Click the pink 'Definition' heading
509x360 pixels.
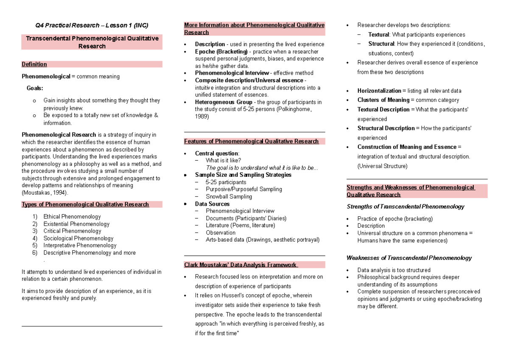pyautogui.click(x=34, y=64)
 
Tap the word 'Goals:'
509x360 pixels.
pyautogui.click(x=35, y=88)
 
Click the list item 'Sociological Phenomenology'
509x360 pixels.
pyautogui.click(x=78, y=238)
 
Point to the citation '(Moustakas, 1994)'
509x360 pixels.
pyautogui.click(x=44, y=193)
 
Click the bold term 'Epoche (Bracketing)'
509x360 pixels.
pyautogui.click(x=221, y=52)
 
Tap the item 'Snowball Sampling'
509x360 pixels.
pyautogui.click(x=229, y=196)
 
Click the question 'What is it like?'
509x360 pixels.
pyautogui.click(x=224, y=160)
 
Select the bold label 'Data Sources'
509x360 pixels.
pyautogui.click(x=212, y=204)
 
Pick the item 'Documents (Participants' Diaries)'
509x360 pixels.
pyautogui.click(x=246, y=218)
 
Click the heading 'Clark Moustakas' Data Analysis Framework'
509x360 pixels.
pyautogui.click(x=241, y=265)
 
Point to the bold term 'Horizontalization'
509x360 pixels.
pyautogui.click(x=379, y=91)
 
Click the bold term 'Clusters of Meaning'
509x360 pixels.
pyautogui.click(x=383, y=100)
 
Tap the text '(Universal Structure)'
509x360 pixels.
pyautogui.click(x=382, y=166)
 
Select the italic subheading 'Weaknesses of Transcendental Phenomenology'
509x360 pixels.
pyautogui.click(x=409, y=258)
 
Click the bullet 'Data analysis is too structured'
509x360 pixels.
pyautogui.click(x=394, y=270)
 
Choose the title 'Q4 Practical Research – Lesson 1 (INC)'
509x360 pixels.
pyautogui.click(x=92, y=25)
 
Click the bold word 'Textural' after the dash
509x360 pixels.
pyautogui.click(x=378, y=35)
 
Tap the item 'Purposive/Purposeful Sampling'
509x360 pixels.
pyautogui.click(x=244, y=189)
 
